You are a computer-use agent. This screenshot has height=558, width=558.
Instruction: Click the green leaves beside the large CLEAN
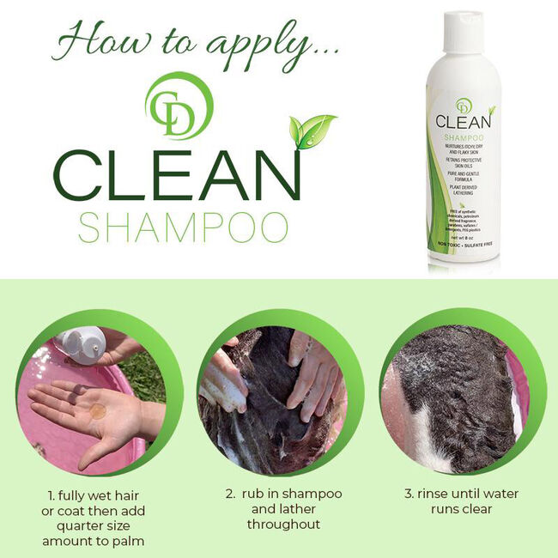tap(311, 130)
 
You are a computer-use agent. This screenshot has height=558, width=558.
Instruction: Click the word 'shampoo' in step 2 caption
tap(312, 494)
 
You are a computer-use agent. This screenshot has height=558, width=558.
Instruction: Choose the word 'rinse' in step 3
tap(436, 494)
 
